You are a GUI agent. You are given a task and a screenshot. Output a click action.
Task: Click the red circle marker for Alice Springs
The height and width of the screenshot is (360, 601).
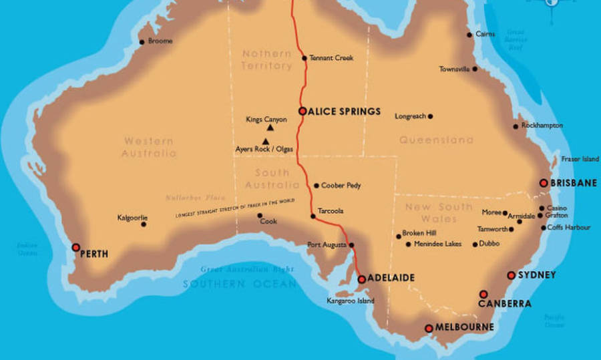[x=303, y=112]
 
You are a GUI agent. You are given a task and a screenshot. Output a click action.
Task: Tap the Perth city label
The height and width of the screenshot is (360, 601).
[x=94, y=254]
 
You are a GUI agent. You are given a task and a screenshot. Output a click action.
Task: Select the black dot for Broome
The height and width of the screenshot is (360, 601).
[x=142, y=42]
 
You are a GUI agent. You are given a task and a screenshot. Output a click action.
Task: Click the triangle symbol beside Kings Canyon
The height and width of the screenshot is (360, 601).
[x=270, y=127]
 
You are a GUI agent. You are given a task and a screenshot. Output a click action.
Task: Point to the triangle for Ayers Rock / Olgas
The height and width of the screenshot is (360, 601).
[x=266, y=141]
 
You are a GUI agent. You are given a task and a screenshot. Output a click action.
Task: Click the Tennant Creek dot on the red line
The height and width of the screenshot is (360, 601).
[x=305, y=58]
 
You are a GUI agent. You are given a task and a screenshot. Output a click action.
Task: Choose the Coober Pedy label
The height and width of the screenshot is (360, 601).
[x=341, y=186]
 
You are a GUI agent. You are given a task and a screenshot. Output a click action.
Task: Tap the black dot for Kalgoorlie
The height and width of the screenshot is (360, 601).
[x=144, y=224]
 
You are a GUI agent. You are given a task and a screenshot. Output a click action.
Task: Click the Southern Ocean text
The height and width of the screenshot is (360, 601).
[x=240, y=284]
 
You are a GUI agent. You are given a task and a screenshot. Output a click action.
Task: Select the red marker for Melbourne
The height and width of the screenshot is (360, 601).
[x=429, y=328]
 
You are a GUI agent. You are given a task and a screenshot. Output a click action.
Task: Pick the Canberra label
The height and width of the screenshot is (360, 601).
[x=505, y=304]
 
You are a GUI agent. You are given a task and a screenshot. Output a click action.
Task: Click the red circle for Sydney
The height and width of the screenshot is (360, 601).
[x=511, y=275]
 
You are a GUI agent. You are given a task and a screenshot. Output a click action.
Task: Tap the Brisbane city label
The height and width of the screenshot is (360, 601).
[x=573, y=183]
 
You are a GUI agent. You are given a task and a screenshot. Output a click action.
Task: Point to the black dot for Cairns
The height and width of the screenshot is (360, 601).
[x=469, y=35]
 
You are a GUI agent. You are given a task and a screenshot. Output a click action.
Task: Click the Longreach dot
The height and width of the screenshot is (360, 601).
[x=430, y=116]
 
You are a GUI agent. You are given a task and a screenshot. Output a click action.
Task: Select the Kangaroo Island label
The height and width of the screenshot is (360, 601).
[x=351, y=301]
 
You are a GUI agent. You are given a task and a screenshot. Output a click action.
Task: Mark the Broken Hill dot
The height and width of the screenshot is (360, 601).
[x=399, y=236]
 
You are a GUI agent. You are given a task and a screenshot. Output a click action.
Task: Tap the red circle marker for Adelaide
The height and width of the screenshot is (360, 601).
[x=362, y=279]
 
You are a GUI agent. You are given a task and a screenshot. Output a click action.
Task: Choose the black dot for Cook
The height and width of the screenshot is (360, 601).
[x=260, y=215]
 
